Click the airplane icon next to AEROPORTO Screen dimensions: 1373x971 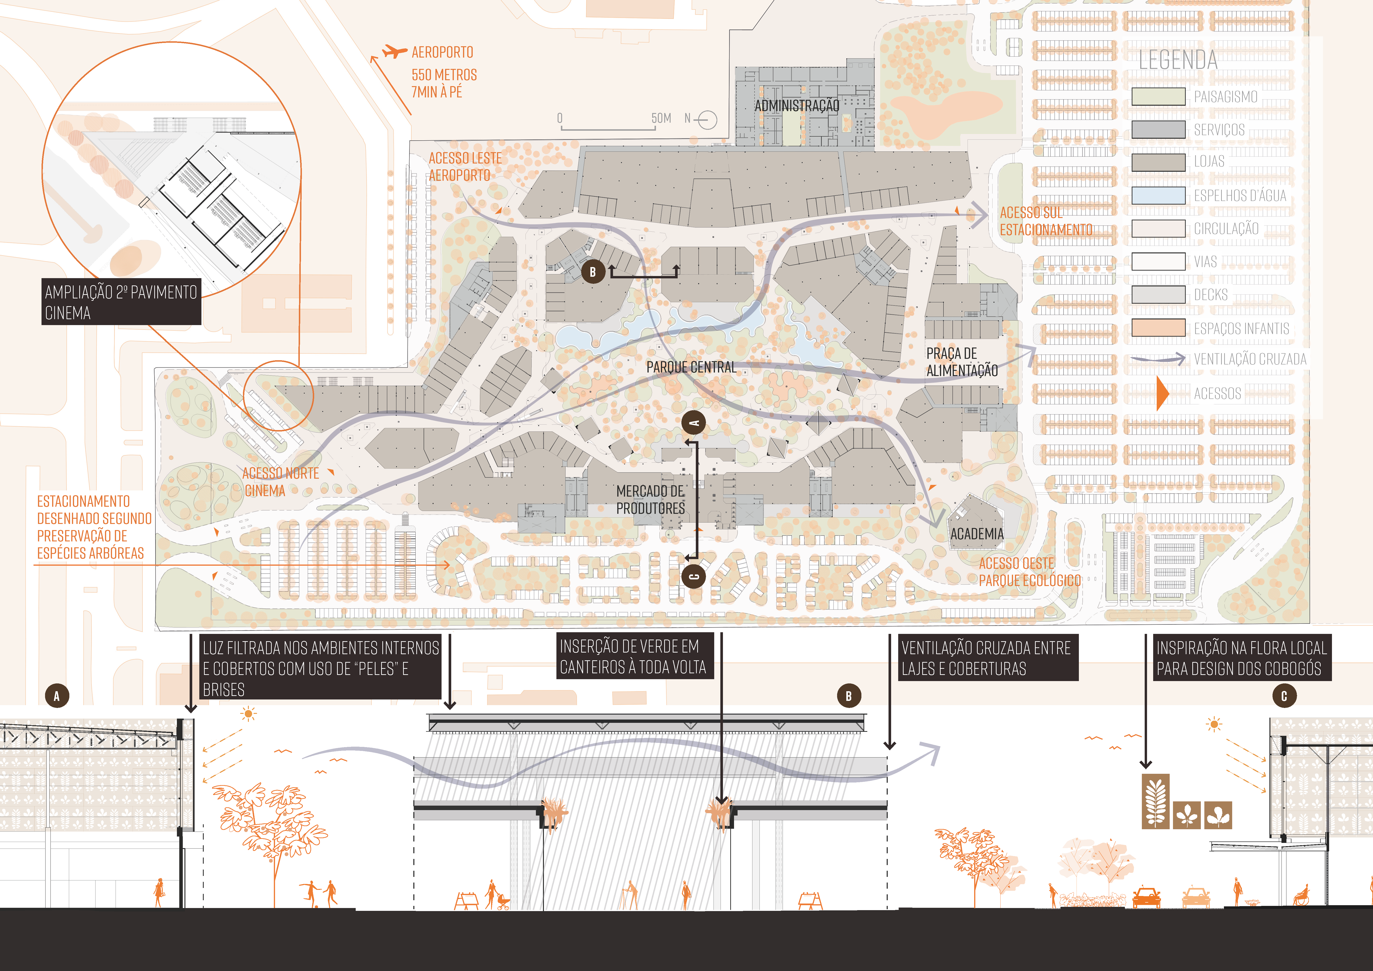click(x=395, y=51)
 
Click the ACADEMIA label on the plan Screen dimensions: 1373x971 click(x=977, y=534)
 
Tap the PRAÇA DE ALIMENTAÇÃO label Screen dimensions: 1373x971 click(x=962, y=362)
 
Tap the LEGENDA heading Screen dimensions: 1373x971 click(x=1177, y=60)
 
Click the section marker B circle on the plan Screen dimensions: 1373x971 click(x=593, y=272)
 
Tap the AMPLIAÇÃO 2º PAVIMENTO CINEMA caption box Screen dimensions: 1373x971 click(x=121, y=302)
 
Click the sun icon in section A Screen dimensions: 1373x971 click(x=248, y=714)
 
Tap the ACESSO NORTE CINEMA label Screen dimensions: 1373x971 click(x=280, y=482)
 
